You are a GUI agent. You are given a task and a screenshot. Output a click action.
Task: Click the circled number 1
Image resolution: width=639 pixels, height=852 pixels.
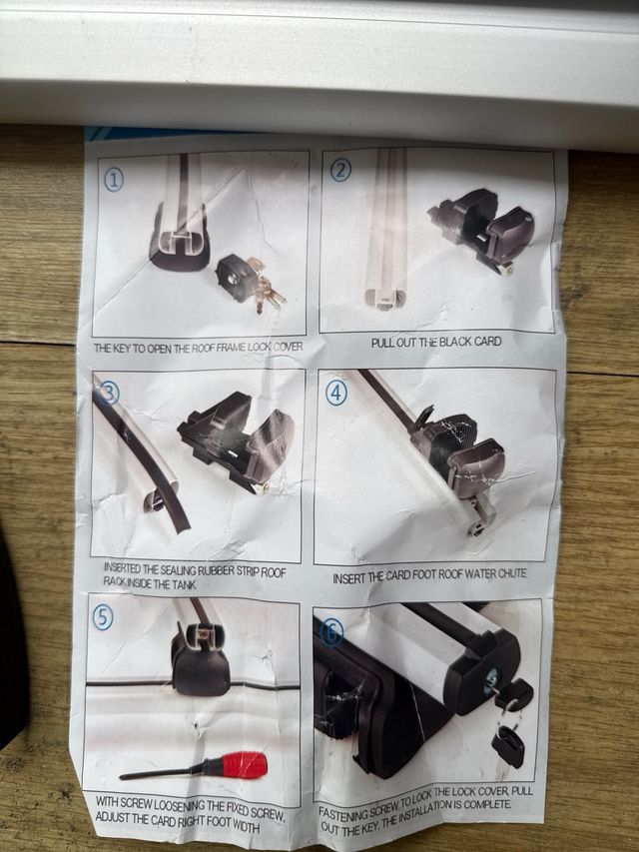[114, 180]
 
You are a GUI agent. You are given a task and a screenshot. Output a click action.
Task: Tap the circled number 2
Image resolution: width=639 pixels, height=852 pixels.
[340, 170]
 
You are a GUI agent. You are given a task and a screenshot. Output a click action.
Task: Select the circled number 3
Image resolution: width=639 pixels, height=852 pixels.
[109, 393]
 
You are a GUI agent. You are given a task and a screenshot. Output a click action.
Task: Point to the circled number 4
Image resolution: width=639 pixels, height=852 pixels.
[336, 393]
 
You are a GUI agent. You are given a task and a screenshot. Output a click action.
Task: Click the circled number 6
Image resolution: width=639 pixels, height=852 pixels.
[331, 631]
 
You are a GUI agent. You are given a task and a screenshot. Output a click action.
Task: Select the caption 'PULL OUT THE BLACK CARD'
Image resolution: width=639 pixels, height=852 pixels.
[435, 342]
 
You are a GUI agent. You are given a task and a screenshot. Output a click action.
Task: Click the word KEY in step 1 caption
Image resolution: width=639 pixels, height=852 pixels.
[129, 349]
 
